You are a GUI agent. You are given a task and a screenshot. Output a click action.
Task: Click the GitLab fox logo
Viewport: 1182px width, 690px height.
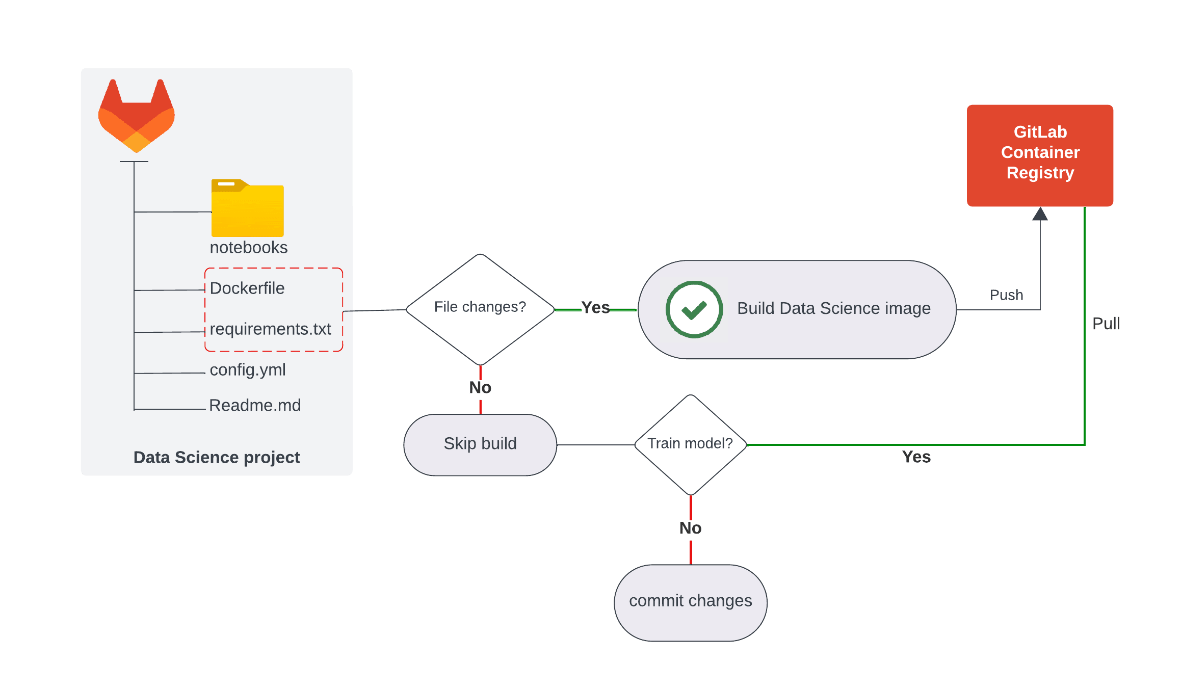point(137,116)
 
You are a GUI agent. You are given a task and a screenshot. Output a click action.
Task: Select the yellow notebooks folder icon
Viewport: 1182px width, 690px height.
point(248,207)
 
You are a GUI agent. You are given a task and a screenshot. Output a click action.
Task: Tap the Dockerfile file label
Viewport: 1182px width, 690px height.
point(247,288)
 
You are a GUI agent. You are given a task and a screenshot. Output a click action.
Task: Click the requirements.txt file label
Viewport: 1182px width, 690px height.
point(270,329)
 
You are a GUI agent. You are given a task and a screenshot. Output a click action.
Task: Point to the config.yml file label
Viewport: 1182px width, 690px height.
point(248,370)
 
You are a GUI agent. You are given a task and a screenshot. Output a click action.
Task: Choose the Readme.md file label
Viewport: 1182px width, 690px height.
point(255,405)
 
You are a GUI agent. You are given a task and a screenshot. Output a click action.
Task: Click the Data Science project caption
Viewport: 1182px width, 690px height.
point(217,458)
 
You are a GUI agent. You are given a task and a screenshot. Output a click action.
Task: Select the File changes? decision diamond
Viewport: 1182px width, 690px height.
point(480,309)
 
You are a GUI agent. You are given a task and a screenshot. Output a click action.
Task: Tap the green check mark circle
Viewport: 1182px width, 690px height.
point(694,309)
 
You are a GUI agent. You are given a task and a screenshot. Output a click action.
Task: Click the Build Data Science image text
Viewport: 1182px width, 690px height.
point(834,308)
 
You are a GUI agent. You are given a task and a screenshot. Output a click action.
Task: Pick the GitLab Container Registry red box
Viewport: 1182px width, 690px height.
point(1040,155)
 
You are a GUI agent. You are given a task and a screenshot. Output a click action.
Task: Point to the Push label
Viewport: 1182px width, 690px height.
point(1006,295)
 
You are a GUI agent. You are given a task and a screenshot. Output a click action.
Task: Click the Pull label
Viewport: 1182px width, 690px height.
point(1106,324)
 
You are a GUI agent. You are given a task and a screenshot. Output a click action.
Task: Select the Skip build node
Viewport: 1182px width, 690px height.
point(480,445)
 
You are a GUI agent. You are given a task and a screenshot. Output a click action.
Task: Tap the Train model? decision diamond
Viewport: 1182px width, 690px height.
point(691,445)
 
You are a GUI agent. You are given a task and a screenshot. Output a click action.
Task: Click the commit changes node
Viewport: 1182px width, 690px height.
point(691,603)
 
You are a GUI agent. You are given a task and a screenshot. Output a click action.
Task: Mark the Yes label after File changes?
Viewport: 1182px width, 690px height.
point(595,308)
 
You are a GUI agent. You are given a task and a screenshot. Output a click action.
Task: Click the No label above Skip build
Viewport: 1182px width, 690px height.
point(480,388)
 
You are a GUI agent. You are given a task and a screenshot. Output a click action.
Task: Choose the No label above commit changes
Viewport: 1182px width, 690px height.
point(691,528)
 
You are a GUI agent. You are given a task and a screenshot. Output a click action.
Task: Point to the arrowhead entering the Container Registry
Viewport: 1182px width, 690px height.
point(1040,214)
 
